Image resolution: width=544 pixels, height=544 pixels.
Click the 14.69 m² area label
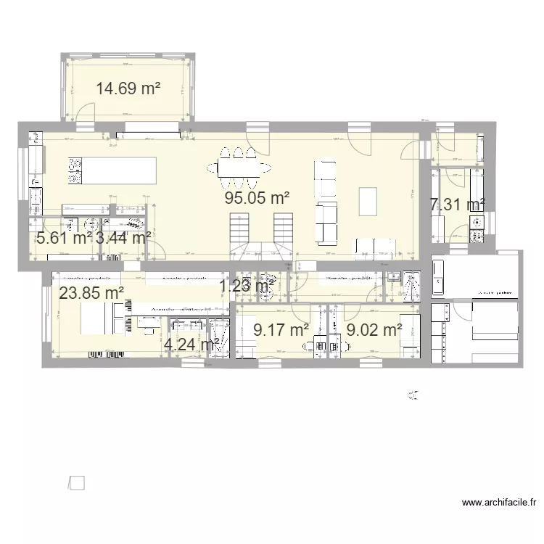128,89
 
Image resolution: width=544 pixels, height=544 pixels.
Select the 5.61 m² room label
65,236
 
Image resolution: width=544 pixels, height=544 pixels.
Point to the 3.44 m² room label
123,236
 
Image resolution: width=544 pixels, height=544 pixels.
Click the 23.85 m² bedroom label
91,293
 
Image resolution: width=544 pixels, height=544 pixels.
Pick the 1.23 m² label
247,287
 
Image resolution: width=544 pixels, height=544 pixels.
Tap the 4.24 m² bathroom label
192,345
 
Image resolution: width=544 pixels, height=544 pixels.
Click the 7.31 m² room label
457,205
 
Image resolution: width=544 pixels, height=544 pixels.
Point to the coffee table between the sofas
368,201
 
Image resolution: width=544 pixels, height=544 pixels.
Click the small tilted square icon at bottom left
76,482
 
